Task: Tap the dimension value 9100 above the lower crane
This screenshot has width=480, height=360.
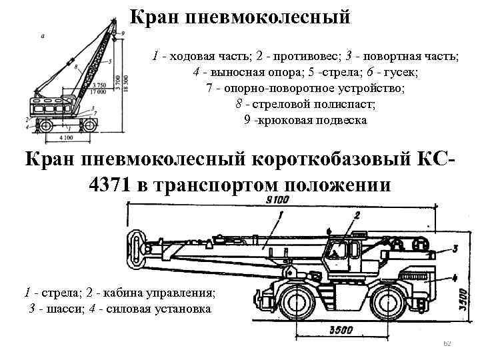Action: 277,199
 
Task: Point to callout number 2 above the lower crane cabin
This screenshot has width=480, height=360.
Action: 357,215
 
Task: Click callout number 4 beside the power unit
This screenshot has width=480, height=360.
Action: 454,277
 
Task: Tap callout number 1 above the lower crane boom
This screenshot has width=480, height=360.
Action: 281,215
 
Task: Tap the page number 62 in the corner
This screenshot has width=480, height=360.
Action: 448,343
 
